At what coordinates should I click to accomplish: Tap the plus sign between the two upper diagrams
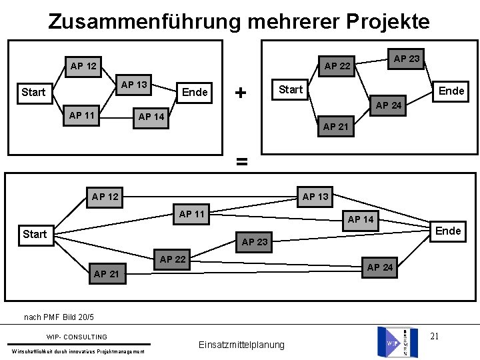(240, 91)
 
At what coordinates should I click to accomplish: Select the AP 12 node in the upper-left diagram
(83, 66)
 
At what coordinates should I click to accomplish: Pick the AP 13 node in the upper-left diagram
(134, 85)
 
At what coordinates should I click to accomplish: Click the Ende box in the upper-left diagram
(195, 92)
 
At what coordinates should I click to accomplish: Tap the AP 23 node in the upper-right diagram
(407, 59)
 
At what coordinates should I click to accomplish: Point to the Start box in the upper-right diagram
(291, 89)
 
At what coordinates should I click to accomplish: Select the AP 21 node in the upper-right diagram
(336, 127)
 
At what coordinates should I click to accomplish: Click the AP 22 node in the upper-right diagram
(337, 65)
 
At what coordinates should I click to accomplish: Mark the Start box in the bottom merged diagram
(35, 234)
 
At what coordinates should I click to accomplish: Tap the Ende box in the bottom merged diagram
(448, 231)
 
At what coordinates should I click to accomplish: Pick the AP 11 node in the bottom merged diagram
(192, 214)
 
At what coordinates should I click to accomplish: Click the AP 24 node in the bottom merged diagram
(380, 267)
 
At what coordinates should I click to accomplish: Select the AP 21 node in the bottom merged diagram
(107, 274)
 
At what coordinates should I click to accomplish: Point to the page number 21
(434, 335)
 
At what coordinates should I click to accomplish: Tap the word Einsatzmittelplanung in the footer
(241, 345)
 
